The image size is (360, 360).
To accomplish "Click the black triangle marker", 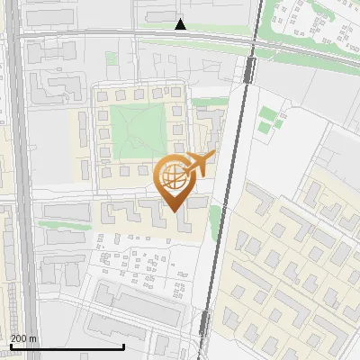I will pos(181,24).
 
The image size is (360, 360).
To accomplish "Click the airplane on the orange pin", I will pos(197,164).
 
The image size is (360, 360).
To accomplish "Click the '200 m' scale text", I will pos(24,338).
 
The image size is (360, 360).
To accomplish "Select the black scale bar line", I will pos(67,346).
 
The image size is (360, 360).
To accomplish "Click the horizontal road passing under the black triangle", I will pos(135,36).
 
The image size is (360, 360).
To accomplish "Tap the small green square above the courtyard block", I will pos(112,58).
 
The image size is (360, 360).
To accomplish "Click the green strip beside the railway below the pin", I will pos(214,217).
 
